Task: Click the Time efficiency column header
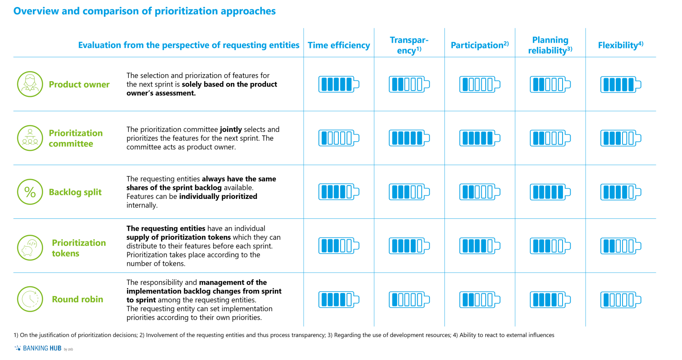338,45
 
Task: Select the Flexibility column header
620,45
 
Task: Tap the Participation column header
480,45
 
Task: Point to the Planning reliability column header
550,45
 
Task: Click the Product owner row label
79,84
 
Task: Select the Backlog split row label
75,192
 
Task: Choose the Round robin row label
77,299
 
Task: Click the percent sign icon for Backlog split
30,192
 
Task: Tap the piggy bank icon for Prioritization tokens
30,247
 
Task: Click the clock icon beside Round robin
30,299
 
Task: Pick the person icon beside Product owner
30,84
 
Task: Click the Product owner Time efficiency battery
338,84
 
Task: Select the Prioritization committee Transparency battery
409,138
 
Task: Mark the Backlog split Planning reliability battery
550,192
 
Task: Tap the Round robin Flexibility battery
620,300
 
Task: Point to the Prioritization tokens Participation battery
480,246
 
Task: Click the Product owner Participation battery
480,84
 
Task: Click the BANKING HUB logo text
42,348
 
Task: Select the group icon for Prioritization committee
30,138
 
